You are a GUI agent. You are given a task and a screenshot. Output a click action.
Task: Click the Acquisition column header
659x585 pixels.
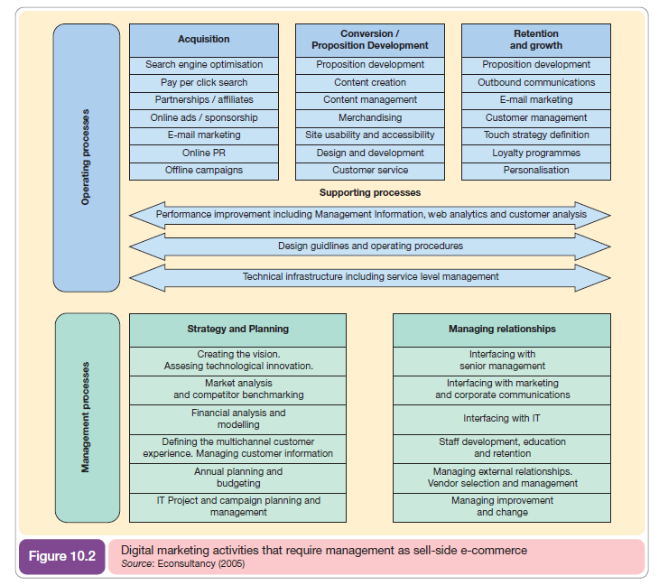(204, 40)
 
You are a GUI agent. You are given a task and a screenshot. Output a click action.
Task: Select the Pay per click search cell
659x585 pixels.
(204, 82)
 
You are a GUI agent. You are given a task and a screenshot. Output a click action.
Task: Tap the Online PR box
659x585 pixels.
(204, 153)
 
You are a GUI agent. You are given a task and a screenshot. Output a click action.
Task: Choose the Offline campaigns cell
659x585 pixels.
(204, 170)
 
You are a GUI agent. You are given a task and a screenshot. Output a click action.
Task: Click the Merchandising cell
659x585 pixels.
(370, 117)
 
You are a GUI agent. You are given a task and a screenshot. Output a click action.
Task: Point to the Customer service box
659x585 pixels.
(370, 170)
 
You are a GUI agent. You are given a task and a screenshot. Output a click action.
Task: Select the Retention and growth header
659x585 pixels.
(536, 40)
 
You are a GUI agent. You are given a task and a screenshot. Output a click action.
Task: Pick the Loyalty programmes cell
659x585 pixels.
(536, 153)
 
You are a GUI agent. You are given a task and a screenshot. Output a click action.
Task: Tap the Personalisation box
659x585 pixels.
(536, 170)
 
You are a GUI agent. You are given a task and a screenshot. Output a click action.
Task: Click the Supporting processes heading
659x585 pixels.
(370, 192)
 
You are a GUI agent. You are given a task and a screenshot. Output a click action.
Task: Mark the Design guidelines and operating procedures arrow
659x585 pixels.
(370, 246)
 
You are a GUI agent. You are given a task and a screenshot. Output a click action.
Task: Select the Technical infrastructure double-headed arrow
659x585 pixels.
(370, 276)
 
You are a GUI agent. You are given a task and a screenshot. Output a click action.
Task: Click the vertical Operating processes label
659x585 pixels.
(87, 158)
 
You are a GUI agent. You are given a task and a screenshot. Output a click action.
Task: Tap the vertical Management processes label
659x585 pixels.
(87, 417)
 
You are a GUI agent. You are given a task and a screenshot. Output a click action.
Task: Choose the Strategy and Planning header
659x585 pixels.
(238, 329)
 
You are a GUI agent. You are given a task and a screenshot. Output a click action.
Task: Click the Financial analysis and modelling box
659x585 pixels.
(238, 419)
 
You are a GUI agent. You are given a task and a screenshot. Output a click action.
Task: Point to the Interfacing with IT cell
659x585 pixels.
(502, 419)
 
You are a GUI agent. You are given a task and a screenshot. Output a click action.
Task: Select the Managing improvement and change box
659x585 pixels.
(502, 506)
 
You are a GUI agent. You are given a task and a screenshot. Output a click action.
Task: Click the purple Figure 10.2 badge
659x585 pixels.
(61, 556)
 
